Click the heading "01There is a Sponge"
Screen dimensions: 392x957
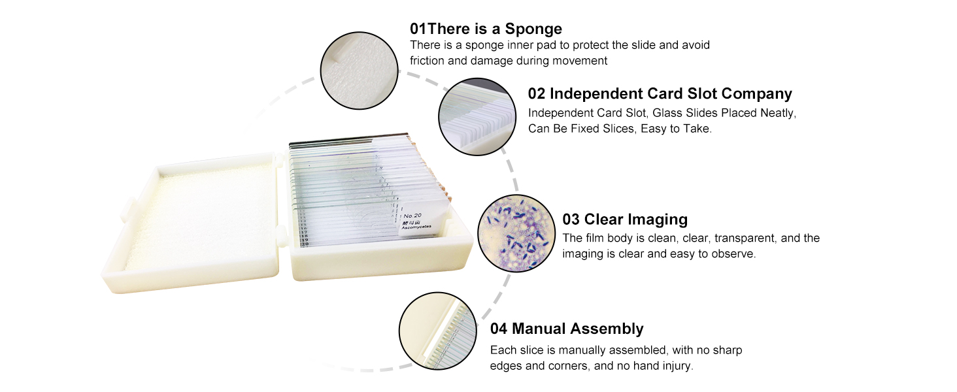pos(486,29)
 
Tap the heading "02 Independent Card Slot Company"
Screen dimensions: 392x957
pos(660,93)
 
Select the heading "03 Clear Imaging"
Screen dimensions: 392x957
pos(625,219)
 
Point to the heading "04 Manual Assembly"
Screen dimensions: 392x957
pos(567,329)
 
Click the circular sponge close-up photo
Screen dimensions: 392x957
pos(359,69)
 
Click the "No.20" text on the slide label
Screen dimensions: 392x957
pos(412,215)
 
